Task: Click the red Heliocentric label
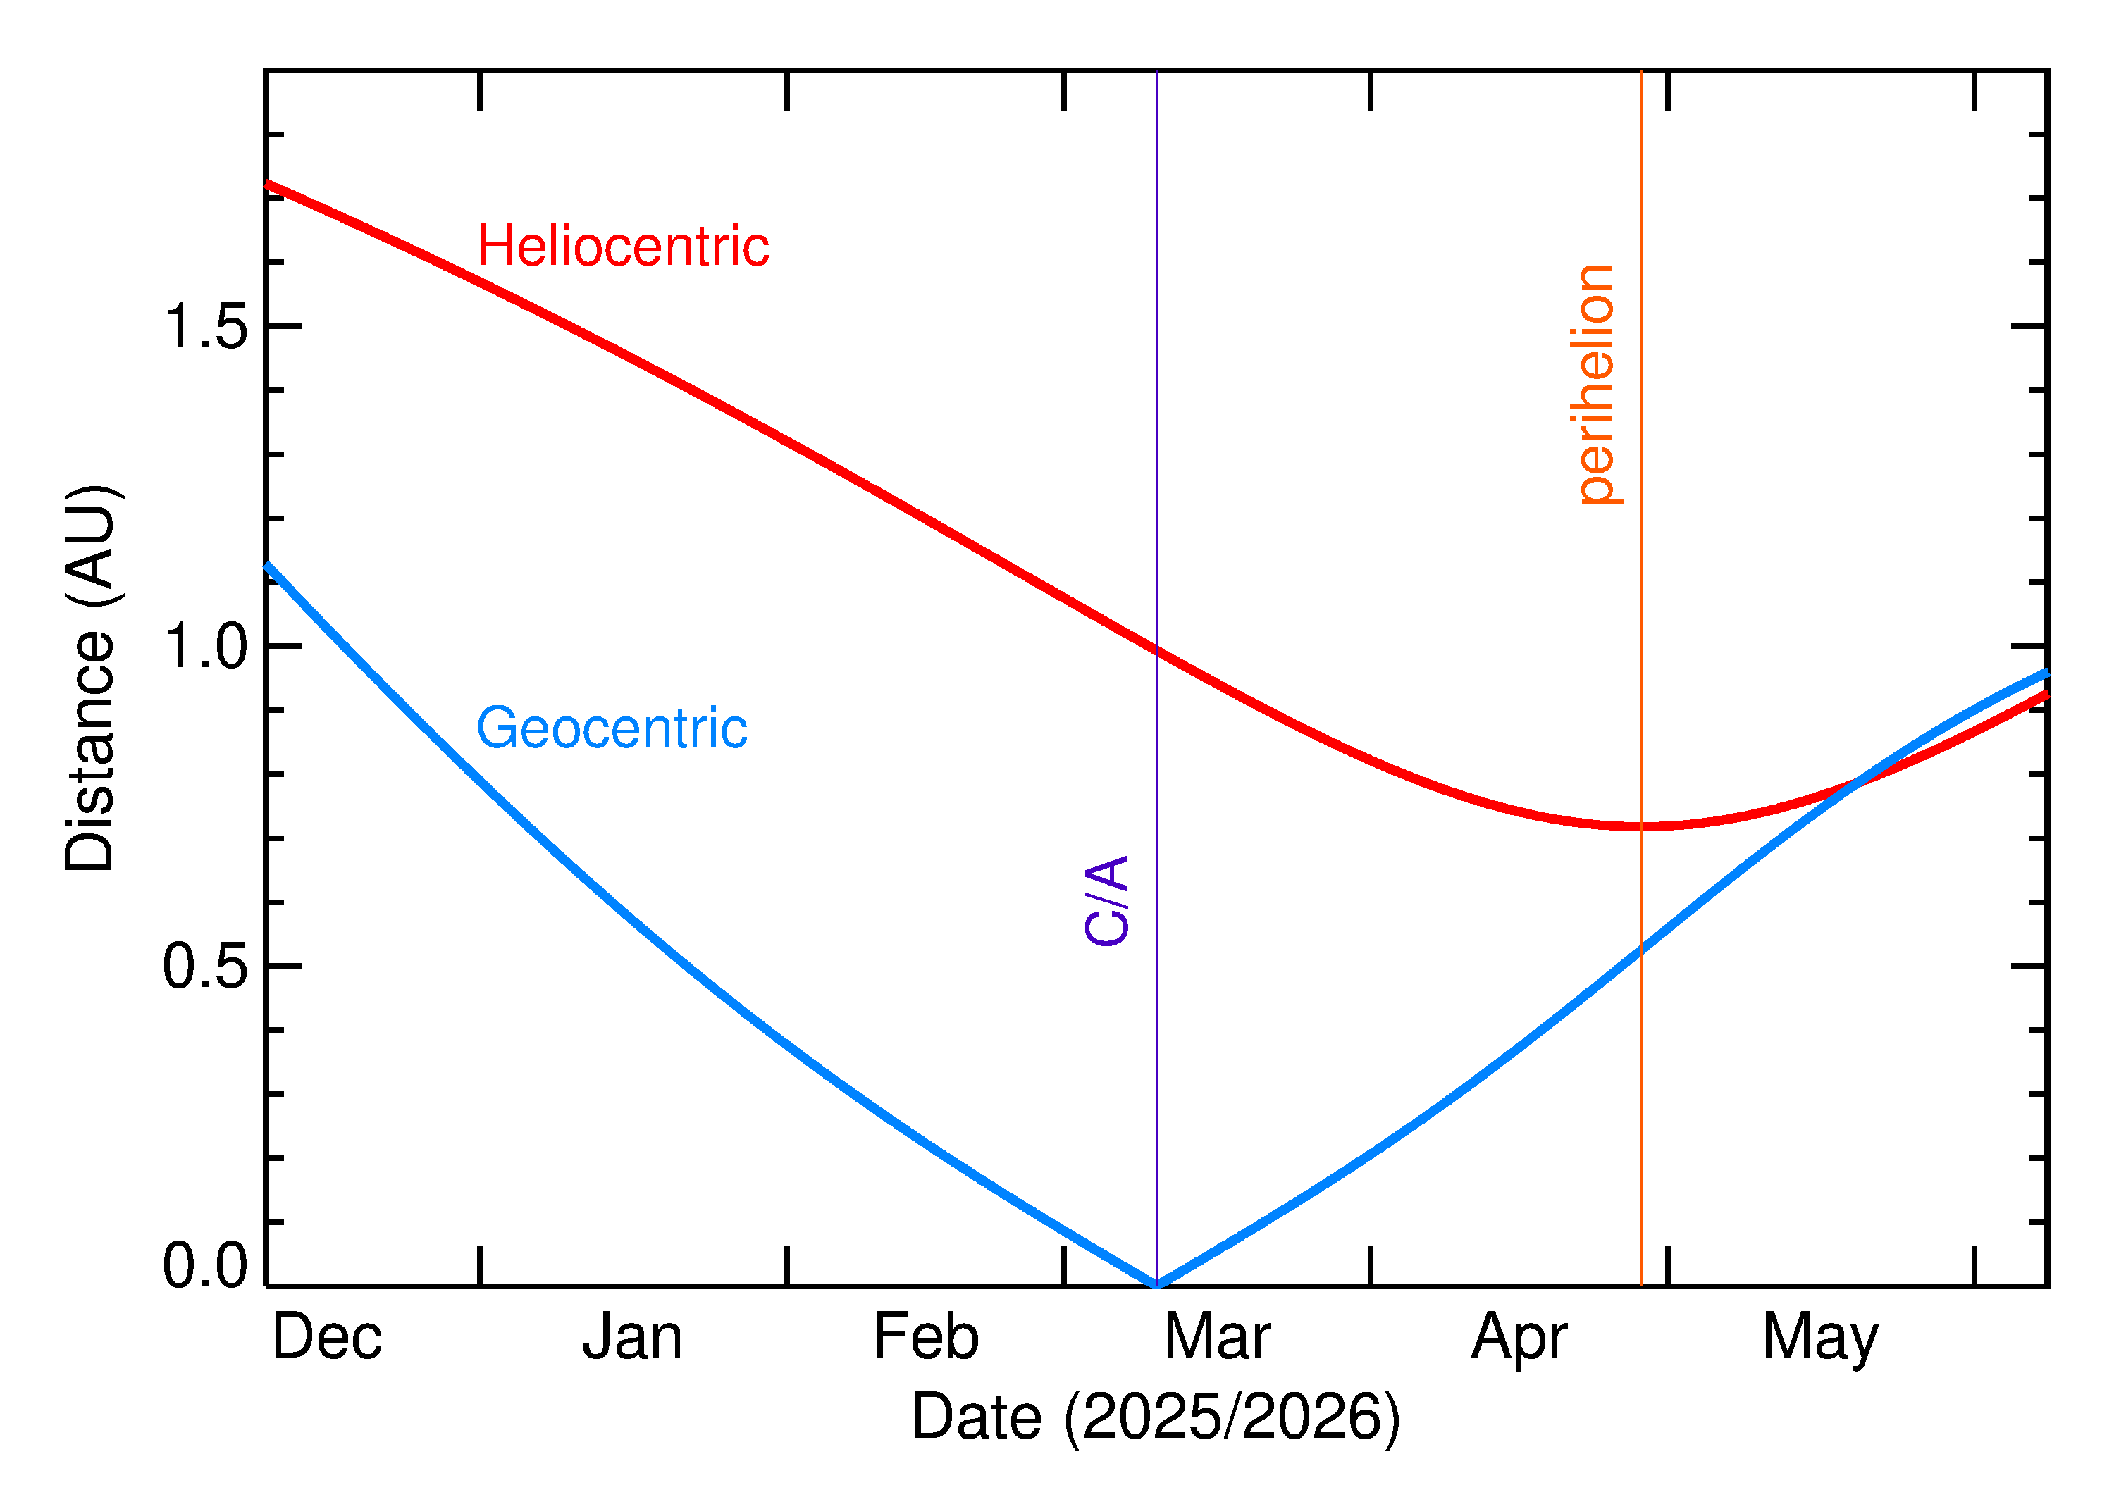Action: tap(622, 247)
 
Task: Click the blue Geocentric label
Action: tap(611, 728)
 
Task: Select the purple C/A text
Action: tap(1106, 900)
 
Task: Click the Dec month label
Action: tap(326, 1338)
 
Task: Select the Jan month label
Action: tap(633, 1338)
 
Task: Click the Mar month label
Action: tap(1217, 1338)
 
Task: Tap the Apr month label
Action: tap(1519, 1339)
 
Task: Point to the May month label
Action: tap(1820, 1339)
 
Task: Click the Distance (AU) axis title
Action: tap(89, 678)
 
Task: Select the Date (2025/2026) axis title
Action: tap(1155, 1417)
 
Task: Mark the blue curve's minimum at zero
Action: tap(1156, 1285)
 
